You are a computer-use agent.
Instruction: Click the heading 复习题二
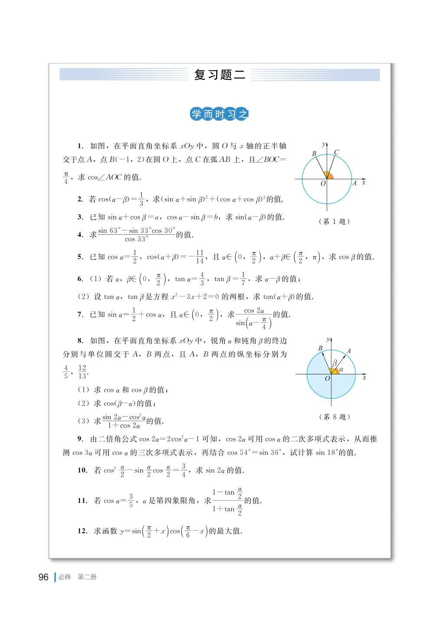[220, 75]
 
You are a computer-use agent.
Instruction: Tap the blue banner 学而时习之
[220, 115]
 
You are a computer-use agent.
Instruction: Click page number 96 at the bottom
[43, 577]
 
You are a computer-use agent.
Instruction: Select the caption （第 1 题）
[334, 221]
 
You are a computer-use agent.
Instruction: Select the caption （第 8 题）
[334, 417]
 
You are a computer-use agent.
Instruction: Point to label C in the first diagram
[336, 153]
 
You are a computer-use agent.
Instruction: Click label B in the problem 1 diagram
[314, 154]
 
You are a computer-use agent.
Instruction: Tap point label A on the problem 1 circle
[354, 183]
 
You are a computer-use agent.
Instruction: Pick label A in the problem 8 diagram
[349, 351]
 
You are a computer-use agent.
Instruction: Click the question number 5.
[80, 257]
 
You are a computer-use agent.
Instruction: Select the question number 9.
[80, 439]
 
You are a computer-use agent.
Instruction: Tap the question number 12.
[82, 531]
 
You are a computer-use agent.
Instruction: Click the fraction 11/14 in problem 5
[200, 256]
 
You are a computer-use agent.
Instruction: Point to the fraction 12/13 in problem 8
[82, 372]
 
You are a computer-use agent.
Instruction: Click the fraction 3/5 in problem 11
[131, 500]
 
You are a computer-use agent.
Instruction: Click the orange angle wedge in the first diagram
[330, 175]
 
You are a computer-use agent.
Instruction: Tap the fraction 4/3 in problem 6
[202, 279]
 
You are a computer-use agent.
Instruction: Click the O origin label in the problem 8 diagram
[327, 379]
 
